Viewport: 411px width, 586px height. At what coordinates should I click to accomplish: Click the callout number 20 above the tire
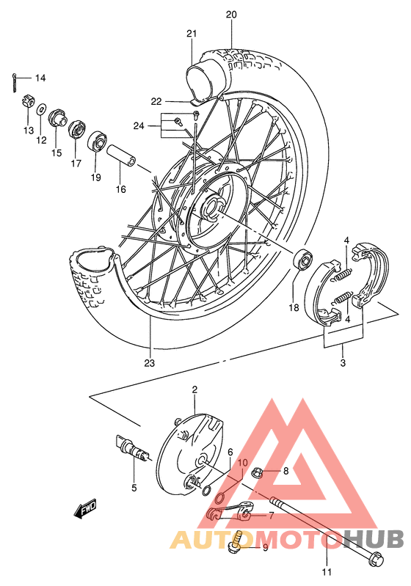[232, 14]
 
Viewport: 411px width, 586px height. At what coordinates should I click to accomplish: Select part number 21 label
[192, 34]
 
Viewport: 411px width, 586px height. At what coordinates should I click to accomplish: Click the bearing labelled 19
[97, 141]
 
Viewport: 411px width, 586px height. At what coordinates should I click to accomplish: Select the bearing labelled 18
[301, 260]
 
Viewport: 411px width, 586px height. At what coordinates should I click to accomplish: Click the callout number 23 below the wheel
[149, 363]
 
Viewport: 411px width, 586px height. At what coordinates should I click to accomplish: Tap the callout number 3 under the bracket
[343, 363]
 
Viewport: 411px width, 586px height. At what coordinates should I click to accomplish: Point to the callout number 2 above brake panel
[194, 391]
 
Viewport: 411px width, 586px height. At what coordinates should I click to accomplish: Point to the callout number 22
[156, 101]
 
